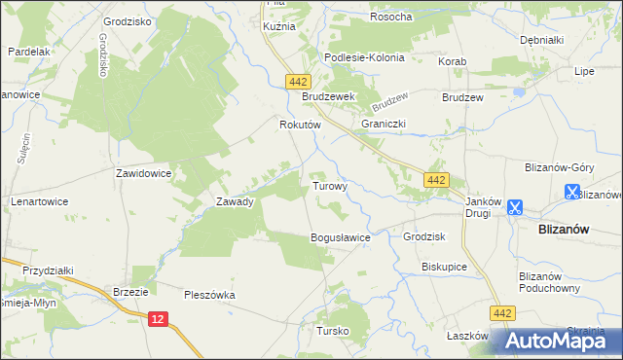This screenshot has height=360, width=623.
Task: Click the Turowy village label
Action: (x=329, y=185)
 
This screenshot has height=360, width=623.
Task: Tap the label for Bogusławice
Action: (x=341, y=237)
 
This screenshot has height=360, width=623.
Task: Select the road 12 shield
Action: (x=160, y=317)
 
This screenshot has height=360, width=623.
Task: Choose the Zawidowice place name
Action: (x=144, y=173)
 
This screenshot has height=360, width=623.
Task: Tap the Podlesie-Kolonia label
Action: (x=365, y=57)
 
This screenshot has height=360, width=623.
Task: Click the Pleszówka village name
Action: (x=210, y=294)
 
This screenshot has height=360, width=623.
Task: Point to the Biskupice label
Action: (x=445, y=266)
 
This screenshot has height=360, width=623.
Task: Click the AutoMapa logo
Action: (x=554, y=341)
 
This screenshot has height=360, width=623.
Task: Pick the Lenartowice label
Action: (x=40, y=201)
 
